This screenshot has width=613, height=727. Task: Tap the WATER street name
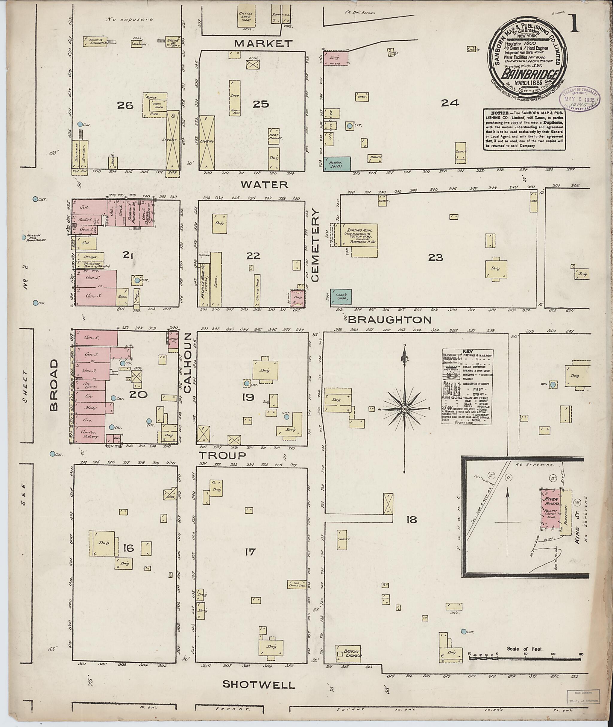(265, 185)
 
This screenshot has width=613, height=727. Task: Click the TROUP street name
(222, 455)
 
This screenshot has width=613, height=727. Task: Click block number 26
(125, 105)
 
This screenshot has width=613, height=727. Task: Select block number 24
(450, 103)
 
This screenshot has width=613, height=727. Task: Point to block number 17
(250, 552)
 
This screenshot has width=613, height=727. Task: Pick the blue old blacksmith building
(337, 164)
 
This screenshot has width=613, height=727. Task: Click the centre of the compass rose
(404, 409)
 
